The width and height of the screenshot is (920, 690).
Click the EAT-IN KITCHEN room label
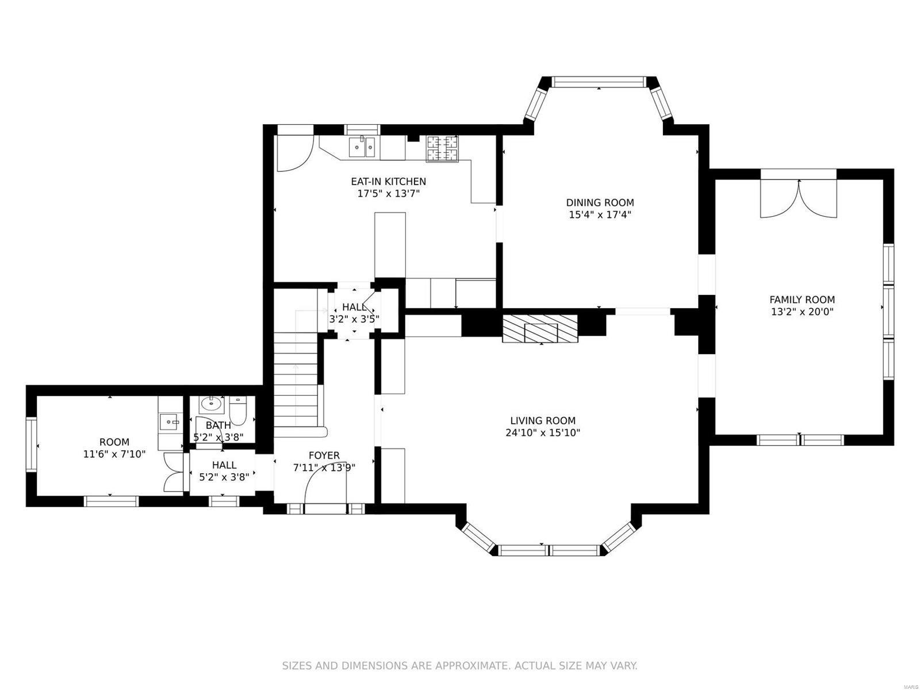[x=388, y=182]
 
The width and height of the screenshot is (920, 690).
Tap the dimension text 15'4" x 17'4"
[x=600, y=214]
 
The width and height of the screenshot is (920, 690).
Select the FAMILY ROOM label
[x=802, y=300]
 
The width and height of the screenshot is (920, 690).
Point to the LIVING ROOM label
[x=542, y=421]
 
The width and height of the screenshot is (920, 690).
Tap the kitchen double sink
[x=363, y=147]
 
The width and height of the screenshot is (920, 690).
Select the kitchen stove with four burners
[x=442, y=149]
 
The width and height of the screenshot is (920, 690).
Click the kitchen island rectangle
[x=390, y=245]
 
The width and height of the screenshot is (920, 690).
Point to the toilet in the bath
[x=237, y=409]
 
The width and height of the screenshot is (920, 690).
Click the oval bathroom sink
[x=212, y=405]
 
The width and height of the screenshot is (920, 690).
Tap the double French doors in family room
[x=798, y=199]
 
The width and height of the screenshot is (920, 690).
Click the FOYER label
[x=324, y=455]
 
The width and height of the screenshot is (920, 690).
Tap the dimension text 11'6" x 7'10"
[x=114, y=454]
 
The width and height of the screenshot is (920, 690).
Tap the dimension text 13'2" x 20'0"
[x=802, y=312]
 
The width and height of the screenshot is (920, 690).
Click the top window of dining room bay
[x=599, y=82]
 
